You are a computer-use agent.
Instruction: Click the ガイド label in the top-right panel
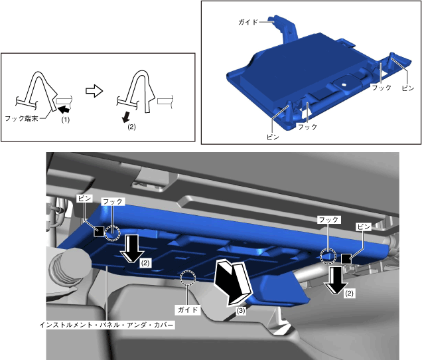pos(248,22)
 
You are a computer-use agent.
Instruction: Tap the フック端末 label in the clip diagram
pos(21,118)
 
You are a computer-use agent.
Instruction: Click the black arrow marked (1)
pos(64,109)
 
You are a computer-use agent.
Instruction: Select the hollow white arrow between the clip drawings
pos(94,91)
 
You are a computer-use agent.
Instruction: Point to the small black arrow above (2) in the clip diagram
pos(125,117)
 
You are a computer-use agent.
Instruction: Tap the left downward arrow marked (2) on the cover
pos(132,248)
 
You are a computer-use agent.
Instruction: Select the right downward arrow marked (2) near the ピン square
pos(336,280)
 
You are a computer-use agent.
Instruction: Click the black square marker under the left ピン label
pos(99,231)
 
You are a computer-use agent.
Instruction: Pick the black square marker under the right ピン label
pos(346,258)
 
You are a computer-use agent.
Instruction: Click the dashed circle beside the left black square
pos(112,233)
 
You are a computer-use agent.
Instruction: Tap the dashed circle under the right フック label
pos(328,256)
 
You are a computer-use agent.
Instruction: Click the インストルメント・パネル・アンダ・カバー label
pos(107,325)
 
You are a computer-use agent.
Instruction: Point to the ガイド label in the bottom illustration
pos(188,310)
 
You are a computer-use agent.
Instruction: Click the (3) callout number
pos(241,311)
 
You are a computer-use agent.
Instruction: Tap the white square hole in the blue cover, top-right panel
pos(344,84)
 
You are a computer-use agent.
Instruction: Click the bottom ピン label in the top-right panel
pos(273,137)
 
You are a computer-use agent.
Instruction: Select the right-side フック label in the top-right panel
pos(381,87)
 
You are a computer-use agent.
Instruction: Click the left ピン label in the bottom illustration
pos(85,199)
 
